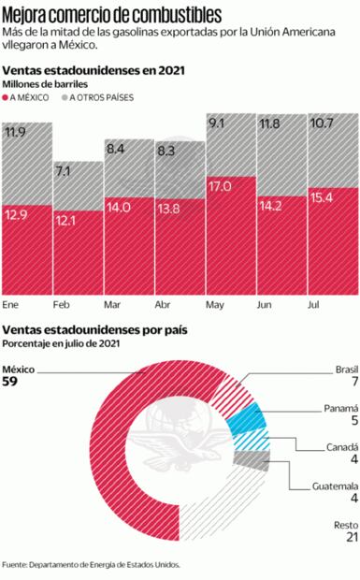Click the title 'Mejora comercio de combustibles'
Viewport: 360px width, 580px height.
(112, 14)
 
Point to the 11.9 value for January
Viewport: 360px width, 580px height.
(16, 133)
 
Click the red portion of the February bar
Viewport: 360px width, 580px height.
(78, 257)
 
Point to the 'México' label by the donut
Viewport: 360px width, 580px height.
(19, 370)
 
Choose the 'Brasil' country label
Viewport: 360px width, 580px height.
(346, 370)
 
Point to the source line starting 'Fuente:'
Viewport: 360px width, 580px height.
(91, 564)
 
